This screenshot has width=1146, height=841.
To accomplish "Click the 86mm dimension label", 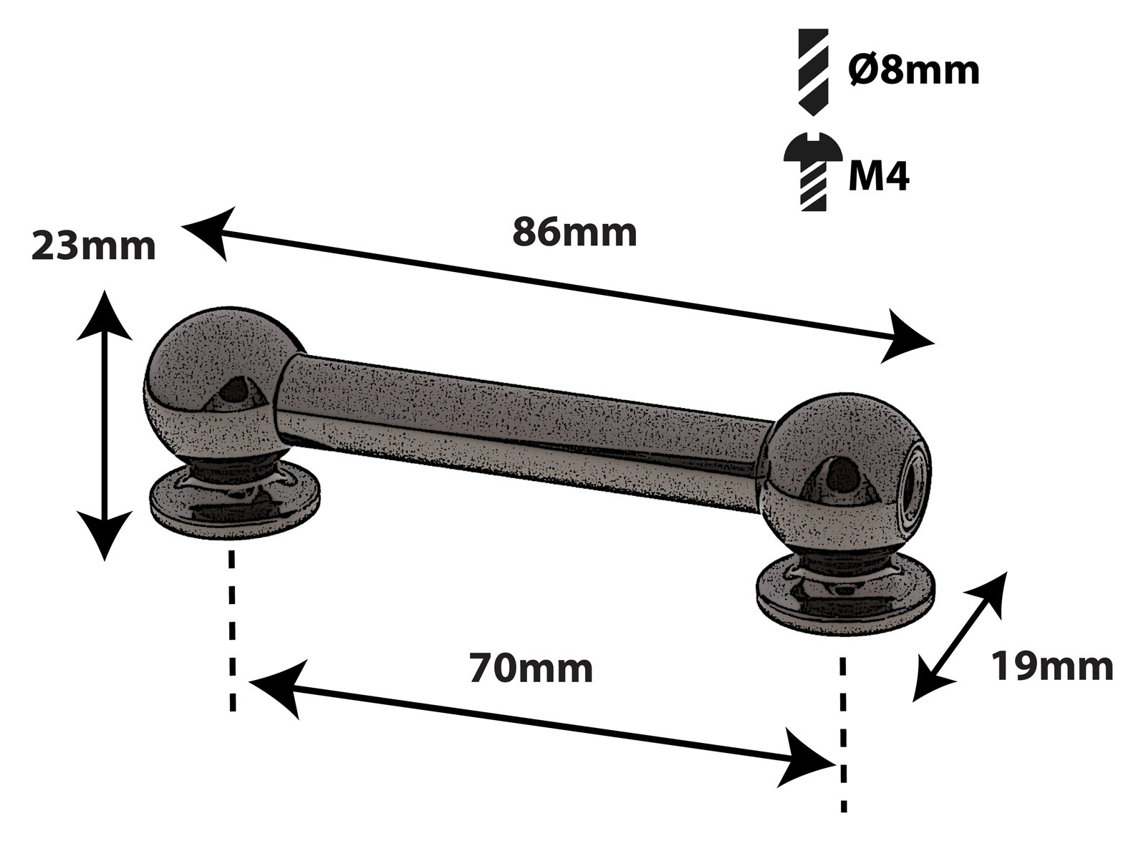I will pos(574,233).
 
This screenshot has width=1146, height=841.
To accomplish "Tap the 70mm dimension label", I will pos(531,669).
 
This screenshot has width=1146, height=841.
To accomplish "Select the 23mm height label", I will pos(93,247).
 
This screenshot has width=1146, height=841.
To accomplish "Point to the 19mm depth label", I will pos(1051,666).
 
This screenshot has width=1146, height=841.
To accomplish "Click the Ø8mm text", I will pos(913,70).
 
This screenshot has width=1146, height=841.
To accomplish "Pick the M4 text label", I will pos(878,176).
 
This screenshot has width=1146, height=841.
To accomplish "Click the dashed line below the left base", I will pos(231,630).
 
